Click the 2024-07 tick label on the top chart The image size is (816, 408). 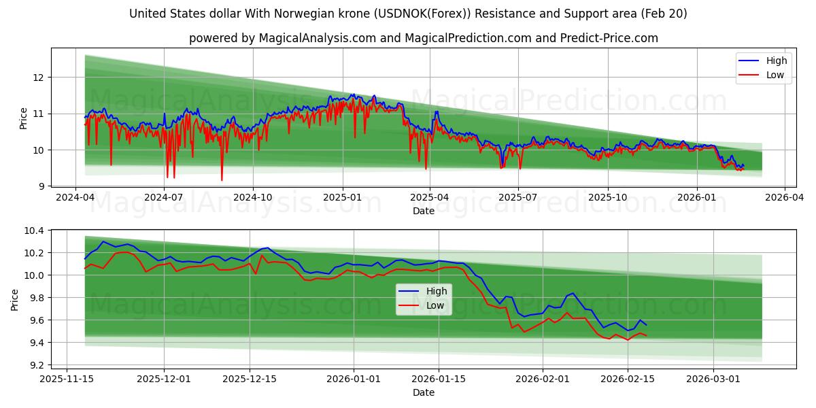coord(164,198)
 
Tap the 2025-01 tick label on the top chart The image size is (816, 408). coord(341,198)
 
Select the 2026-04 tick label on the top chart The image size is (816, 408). coord(785,198)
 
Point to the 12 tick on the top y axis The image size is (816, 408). coord(38,78)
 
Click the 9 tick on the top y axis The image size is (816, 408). coord(41,186)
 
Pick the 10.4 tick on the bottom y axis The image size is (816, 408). coord(34,231)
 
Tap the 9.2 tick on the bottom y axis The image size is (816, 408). coord(34,365)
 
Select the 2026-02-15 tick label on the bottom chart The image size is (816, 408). coord(628,379)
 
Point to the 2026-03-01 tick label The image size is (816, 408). coord(713,379)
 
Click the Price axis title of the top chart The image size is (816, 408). coord(23,118)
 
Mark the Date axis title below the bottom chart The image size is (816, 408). coord(423,392)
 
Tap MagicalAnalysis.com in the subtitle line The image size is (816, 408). coord(318,38)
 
